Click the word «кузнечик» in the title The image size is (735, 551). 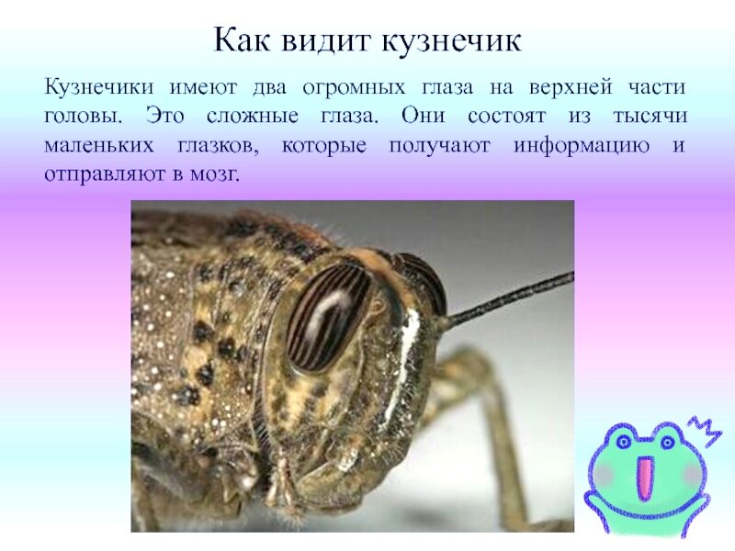click(451, 39)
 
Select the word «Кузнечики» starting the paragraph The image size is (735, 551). click(99, 87)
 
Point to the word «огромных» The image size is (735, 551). click(354, 88)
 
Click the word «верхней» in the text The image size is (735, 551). click(571, 88)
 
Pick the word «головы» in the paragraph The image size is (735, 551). click(83, 117)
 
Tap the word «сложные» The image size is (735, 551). click(252, 116)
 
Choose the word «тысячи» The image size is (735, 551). click(650, 117)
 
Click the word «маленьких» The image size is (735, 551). click(99, 145)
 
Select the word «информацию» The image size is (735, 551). click(582, 146)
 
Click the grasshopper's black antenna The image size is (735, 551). click(510, 299)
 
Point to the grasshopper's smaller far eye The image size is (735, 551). click(421, 281)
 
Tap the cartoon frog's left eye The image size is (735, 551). click(623, 442)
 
